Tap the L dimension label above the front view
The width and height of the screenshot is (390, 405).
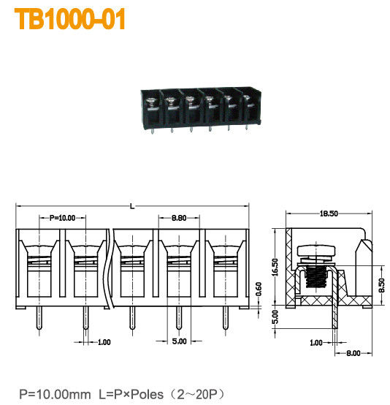(132, 207)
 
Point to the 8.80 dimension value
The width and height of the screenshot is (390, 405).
(177, 218)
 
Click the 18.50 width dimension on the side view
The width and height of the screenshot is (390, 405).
(328, 213)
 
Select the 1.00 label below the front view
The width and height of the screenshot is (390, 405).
(104, 341)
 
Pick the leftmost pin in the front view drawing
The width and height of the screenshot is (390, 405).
(38, 319)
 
